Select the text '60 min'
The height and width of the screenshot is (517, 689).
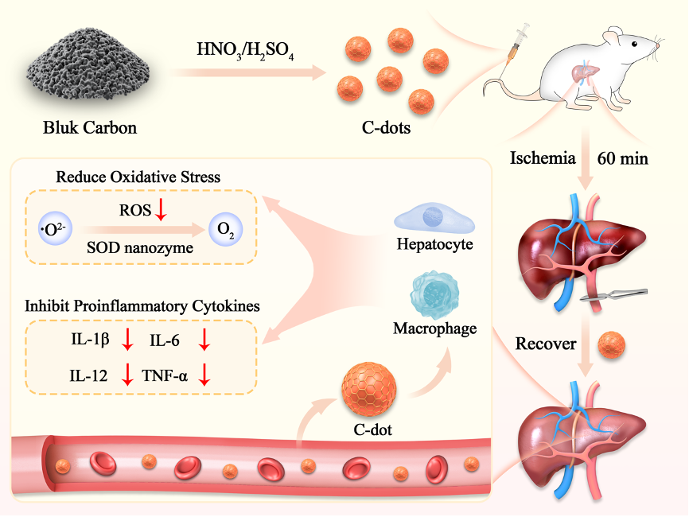click(x=623, y=158)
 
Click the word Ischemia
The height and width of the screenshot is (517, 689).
click(x=543, y=158)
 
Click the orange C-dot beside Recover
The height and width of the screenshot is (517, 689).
click(x=611, y=345)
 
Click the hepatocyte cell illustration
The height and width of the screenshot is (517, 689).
click(x=434, y=217)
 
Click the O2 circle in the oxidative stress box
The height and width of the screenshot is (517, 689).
click(x=226, y=231)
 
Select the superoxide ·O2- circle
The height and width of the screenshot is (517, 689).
click(x=55, y=231)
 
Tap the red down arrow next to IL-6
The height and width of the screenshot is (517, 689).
click(x=204, y=340)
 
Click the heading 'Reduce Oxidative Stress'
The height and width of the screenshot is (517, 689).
click(x=138, y=177)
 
